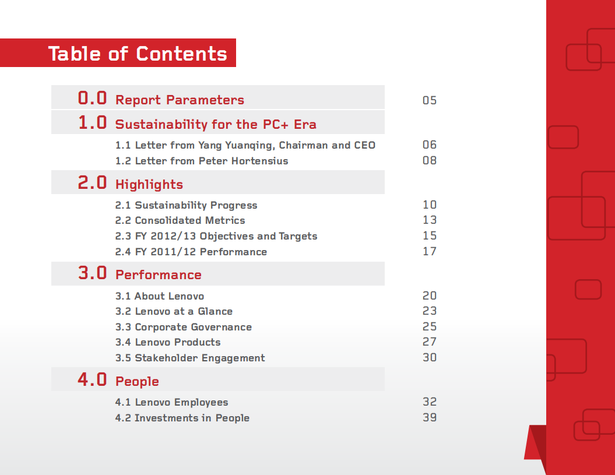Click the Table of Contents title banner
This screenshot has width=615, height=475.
138,54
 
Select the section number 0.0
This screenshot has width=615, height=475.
93,98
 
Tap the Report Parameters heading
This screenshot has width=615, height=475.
180,100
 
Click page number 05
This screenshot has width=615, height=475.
430,100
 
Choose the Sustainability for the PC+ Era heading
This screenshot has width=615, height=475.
216,124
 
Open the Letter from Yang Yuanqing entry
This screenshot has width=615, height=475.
245,145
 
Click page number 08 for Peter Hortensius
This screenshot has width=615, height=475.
430,160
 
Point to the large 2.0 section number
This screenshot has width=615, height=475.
93,182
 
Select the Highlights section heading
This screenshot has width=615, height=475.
149,185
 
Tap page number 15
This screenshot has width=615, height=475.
430,236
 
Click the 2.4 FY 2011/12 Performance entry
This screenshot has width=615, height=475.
191,252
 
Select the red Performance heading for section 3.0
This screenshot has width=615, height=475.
159,275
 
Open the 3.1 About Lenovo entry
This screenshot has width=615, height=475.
160,296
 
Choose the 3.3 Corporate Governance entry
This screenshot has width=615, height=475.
184,327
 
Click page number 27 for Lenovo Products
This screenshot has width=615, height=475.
430,342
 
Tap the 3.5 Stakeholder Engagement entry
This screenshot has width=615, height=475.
190,358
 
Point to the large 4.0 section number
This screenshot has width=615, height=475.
93,379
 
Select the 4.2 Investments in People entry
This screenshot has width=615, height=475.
182,418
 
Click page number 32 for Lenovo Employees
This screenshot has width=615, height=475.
430,402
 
